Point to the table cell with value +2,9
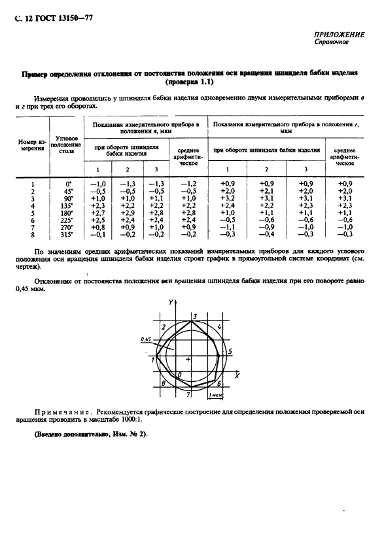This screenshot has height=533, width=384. click(x=128, y=213)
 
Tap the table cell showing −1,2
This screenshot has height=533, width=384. click(x=188, y=184)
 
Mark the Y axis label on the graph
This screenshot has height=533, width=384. click(x=169, y=301)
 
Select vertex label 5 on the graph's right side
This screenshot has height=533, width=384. click(x=230, y=352)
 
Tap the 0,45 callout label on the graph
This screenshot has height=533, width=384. click(x=145, y=340)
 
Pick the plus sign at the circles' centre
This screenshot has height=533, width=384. click(x=188, y=359)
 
